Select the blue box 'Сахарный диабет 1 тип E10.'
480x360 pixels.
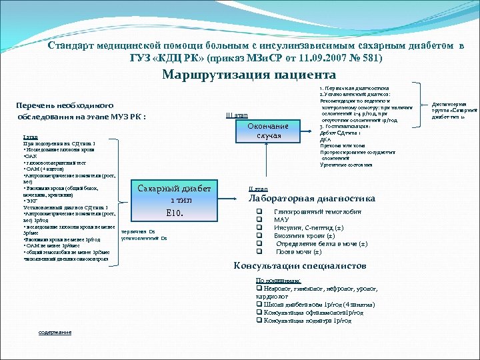174,201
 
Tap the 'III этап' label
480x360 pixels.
237,115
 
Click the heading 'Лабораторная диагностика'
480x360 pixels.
311,198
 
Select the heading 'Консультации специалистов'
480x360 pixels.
299,265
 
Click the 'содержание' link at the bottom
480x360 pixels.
55,332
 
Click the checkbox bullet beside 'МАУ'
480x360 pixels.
259,219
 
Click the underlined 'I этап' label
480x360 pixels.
31,138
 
